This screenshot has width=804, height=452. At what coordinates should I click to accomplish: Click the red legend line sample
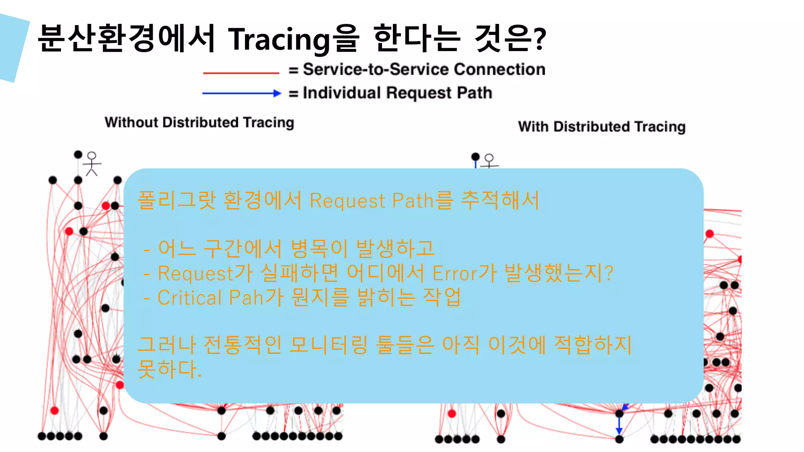point(241,73)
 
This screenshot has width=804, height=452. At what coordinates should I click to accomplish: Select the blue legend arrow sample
point(241,93)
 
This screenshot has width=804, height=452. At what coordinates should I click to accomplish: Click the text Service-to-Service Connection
point(424,69)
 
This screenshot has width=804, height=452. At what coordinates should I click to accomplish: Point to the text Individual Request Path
point(397,93)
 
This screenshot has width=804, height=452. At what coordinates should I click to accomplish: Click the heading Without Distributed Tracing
point(199,122)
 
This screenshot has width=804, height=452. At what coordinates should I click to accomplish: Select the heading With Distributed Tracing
point(601,127)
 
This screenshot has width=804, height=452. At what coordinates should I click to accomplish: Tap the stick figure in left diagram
point(92,164)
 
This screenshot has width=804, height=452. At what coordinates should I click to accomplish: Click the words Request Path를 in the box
point(381,200)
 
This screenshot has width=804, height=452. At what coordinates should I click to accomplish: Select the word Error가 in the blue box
point(464,273)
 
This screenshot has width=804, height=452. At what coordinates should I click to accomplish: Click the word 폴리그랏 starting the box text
point(177,200)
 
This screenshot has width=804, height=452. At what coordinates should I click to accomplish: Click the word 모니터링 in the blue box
point(329,345)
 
